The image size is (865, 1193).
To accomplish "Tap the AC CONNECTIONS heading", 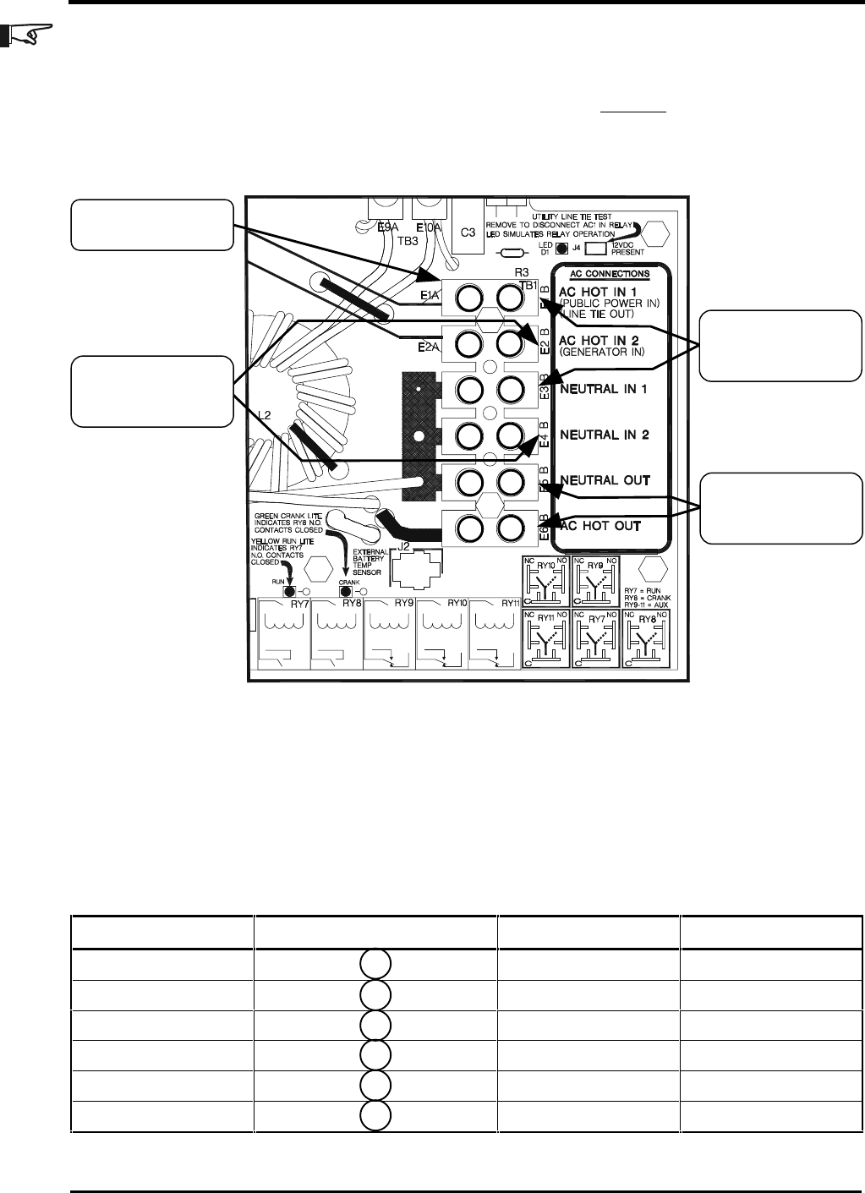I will click(610, 274).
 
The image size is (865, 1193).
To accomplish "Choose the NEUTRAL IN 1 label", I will click(604, 389).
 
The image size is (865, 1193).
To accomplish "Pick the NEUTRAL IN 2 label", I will click(604, 435).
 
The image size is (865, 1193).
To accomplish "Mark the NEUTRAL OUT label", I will click(604, 480).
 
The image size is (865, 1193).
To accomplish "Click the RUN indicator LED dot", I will click(289, 592).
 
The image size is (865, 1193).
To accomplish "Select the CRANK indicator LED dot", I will click(345, 592).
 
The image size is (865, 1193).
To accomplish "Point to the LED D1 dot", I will click(561, 249).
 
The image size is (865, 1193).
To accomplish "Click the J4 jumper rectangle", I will click(594, 249).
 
